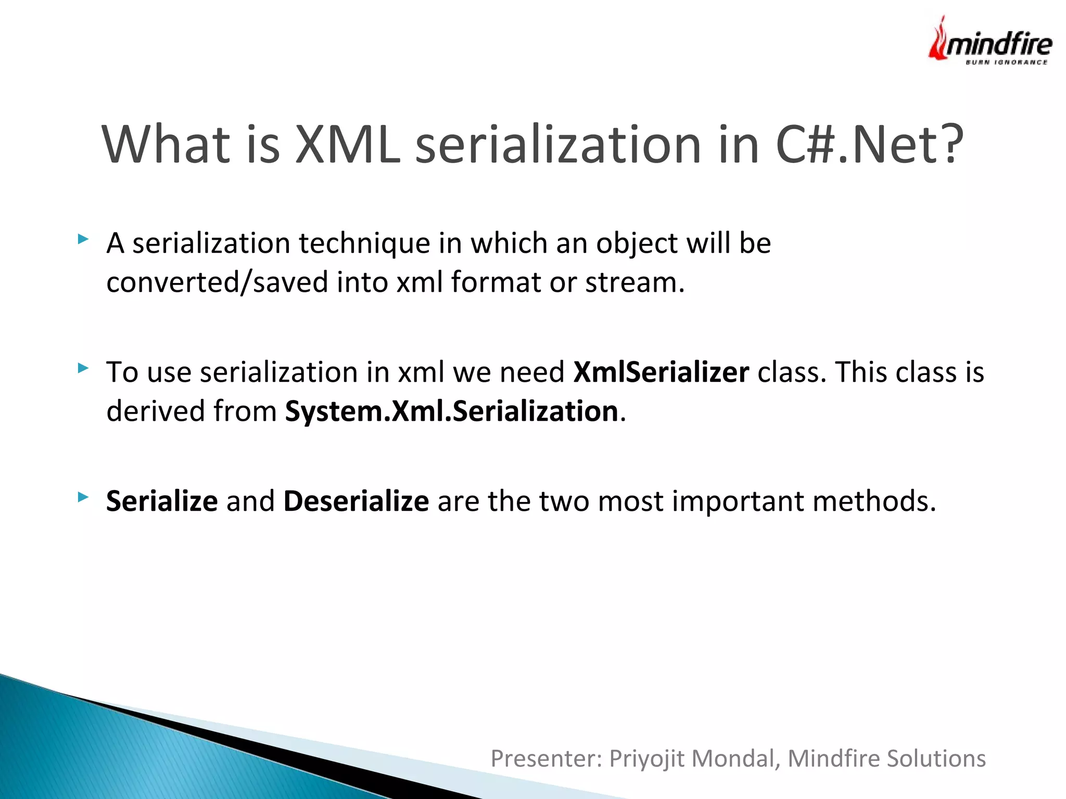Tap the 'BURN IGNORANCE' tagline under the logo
tap(1007, 62)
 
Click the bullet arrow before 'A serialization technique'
tap(83, 239)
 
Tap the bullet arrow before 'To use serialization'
tap(83, 368)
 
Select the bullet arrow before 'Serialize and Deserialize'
tap(83, 497)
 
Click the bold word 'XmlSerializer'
tap(661, 372)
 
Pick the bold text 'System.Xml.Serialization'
tap(452, 411)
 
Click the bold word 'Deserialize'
tap(356, 501)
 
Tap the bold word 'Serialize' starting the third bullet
tap(162, 501)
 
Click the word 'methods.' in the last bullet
tap(874, 501)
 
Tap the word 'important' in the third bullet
tap(738, 502)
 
